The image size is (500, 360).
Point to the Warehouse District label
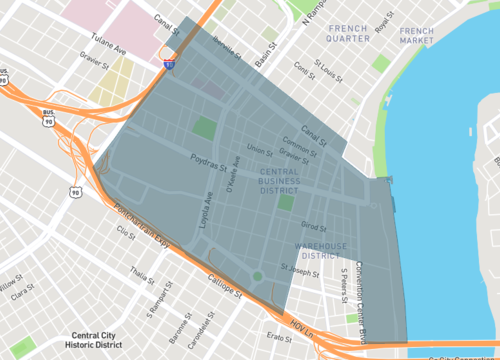320,250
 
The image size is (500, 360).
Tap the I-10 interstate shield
170,64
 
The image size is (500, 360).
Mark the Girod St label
314,227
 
